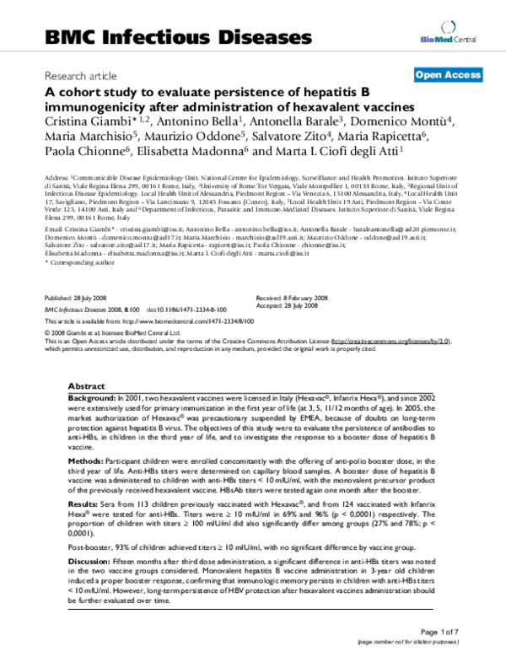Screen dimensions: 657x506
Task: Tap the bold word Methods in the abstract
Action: pos(86,439)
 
